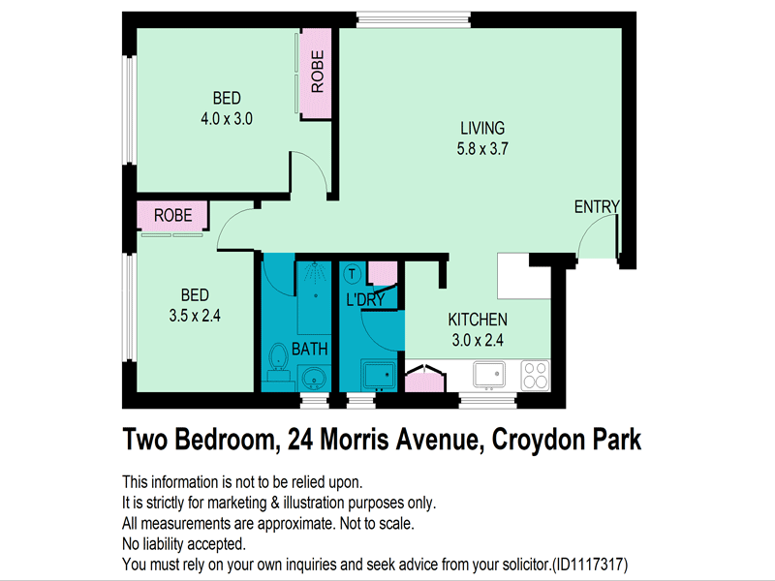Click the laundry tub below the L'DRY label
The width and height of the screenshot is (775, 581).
(377, 374)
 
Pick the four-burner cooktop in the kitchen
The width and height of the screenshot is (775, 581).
(535, 374)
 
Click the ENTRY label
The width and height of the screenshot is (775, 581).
(596, 207)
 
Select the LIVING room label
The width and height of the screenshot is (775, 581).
(482, 128)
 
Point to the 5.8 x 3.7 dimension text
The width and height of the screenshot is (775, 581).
(482, 149)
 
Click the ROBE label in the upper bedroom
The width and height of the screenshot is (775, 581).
(317, 70)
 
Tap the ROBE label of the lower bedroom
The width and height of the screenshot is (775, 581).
(173, 215)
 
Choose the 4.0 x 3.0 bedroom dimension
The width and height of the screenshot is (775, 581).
(227, 119)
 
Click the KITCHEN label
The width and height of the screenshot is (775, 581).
(477, 320)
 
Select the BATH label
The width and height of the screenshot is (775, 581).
(310, 349)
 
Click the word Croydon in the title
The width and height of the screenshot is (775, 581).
(538, 439)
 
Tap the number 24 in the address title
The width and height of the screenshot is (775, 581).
(294, 439)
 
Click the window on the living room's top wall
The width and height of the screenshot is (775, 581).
(414, 17)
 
